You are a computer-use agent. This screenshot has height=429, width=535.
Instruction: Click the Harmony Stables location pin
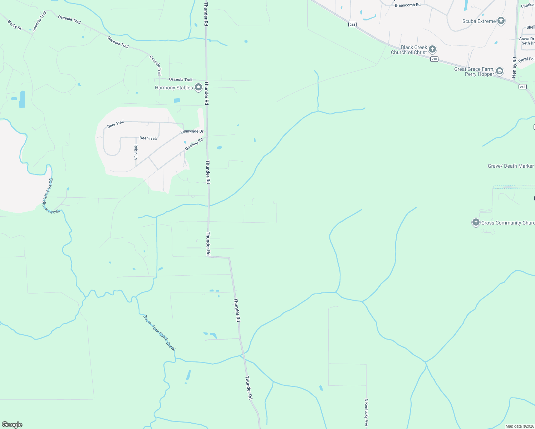(198, 88)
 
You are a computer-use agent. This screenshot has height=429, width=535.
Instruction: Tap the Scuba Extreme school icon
(501, 21)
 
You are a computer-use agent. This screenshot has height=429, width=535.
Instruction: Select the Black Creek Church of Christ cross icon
(432, 49)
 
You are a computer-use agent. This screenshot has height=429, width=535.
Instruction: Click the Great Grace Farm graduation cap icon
(500, 71)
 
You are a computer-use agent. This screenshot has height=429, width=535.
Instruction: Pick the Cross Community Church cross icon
(476, 222)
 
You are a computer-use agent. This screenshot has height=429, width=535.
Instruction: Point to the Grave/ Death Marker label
(511, 166)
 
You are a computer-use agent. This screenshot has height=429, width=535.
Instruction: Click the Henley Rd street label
(514, 67)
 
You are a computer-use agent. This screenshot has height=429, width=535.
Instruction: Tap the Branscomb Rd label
(407, 5)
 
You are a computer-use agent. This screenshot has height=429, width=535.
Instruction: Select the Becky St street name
(15, 25)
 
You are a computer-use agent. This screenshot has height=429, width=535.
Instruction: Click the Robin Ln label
(136, 152)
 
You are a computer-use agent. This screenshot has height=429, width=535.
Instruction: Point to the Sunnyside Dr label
(192, 132)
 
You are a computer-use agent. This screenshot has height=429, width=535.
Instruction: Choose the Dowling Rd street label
(194, 144)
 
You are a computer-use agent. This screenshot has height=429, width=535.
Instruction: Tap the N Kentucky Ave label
(366, 413)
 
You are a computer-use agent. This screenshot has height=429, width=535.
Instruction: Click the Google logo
(12, 425)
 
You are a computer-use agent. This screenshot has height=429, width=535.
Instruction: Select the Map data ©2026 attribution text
(519, 426)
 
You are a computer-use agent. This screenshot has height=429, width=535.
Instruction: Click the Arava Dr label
(526, 39)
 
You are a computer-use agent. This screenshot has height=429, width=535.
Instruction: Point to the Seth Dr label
(528, 43)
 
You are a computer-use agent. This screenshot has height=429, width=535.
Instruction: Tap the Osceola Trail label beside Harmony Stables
(181, 79)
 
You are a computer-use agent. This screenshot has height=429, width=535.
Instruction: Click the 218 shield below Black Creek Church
(434, 59)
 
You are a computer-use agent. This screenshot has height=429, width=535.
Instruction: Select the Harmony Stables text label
(174, 88)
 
